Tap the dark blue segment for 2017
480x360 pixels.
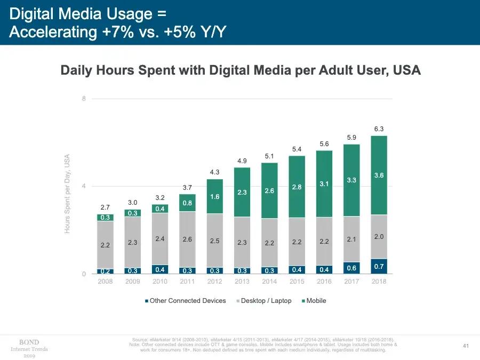pyautogui.click(x=351, y=268)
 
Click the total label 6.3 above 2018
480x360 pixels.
pyautogui.click(x=379, y=129)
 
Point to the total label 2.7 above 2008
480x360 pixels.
pyautogui.click(x=105, y=207)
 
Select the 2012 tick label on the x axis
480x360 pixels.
pyautogui.click(x=215, y=281)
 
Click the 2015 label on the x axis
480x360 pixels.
pyautogui.click(x=297, y=281)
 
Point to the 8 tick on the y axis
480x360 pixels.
pyautogui.click(x=84, y=99)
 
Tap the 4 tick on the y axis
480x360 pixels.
pyautogui.click(x=84, y=186)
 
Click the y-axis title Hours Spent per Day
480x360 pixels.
pyautogui.click(x=68, y=194)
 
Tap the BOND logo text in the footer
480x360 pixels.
pyautogui.click(x=29, y=342)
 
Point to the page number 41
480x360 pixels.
pyautogui.click(x=465, y=347)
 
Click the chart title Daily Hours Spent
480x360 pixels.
pyautogui.click(x=240, y=70)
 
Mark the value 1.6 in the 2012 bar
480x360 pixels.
pyautogui.click(x=215, y=197)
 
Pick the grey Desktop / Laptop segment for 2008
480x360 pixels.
pyautogui.click(x=105, y=244)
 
